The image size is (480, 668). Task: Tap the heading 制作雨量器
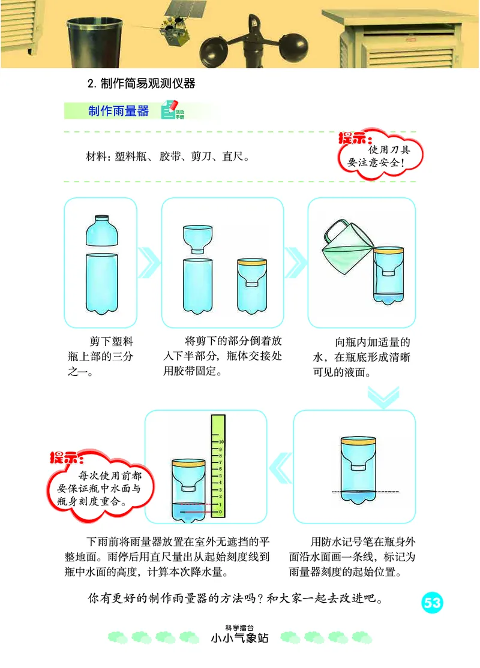118,111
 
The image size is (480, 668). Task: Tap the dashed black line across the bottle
354,492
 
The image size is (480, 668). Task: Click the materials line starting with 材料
168,157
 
